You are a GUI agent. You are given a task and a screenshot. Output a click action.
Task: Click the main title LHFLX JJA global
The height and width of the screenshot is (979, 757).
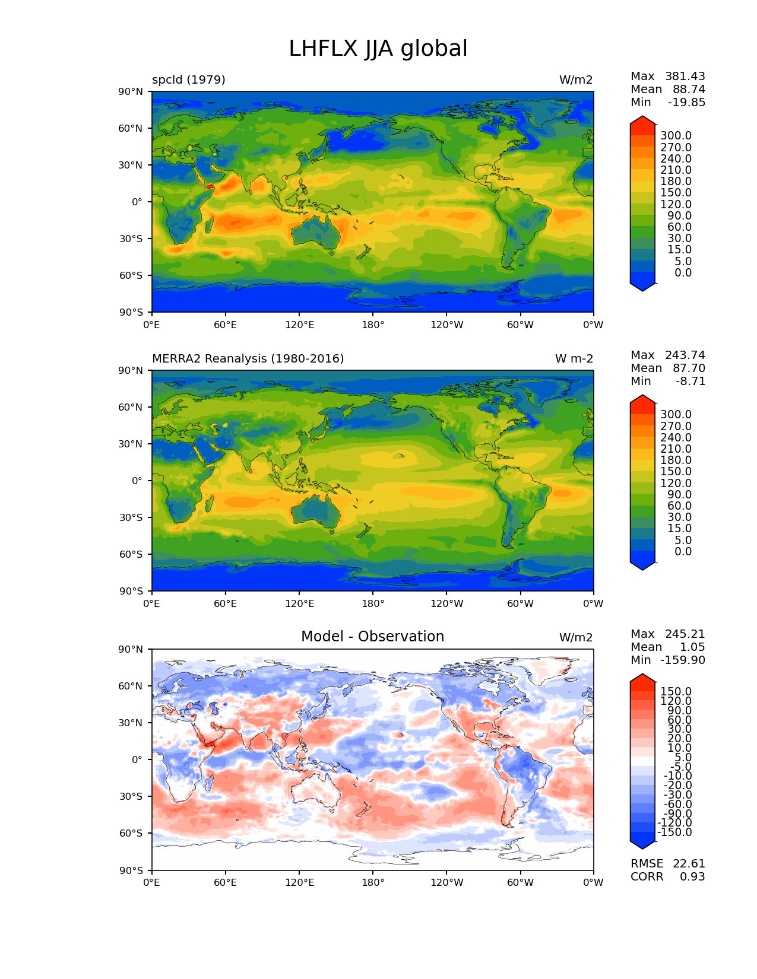[x=378, y=49]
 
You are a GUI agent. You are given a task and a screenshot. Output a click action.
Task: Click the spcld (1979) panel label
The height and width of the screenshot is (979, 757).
[x=189, y=80]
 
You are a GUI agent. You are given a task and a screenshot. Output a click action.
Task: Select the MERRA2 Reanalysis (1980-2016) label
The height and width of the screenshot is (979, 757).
[x=248, y=359]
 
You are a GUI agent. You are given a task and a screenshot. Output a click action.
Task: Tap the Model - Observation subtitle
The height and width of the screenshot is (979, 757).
[x=372, y=637]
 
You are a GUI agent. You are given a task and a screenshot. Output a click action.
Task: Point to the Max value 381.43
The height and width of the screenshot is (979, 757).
[x=685, y=77]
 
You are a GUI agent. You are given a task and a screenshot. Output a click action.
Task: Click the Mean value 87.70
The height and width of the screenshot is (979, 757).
[x=689, y=368]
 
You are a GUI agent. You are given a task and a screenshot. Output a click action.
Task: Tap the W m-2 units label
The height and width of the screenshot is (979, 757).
[x=574, y=359]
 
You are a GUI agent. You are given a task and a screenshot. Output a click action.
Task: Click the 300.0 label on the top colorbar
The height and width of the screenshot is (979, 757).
[x=676, y=136]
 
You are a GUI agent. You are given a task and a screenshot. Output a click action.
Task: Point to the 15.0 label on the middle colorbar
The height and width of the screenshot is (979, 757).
[x=679, y=529]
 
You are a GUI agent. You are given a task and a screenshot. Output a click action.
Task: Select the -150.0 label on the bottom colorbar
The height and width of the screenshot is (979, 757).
[x=675, y=832]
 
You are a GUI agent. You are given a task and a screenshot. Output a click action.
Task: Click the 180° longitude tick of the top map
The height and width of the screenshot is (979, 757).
[x=373, y=325]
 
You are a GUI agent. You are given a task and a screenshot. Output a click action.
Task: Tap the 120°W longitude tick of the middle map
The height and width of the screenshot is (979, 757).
[x=447, y=604]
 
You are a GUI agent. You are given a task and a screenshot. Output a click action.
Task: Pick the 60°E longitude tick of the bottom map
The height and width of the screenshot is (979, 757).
[x=226, y=883]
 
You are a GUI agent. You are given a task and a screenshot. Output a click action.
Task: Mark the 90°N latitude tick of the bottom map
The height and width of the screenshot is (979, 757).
[x=132, y=650]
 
